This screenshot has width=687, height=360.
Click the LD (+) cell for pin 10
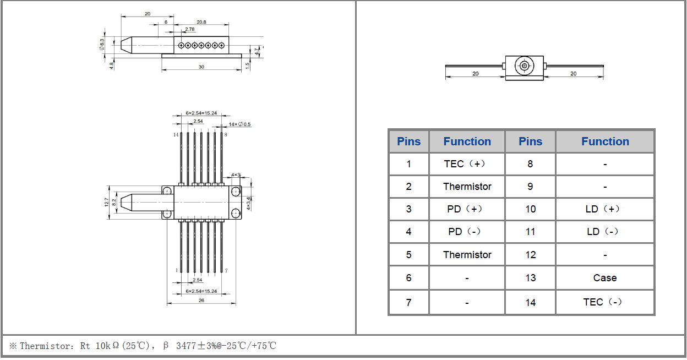coord(604,209)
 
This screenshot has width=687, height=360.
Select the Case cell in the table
coord(604,278)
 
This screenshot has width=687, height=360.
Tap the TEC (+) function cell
coord(467,164)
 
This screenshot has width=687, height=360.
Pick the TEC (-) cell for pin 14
coord(604,302)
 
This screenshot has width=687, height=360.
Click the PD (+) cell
coord(467,209)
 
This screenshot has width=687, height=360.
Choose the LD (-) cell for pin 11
coord(604,232)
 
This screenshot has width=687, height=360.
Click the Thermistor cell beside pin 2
coord(467,187)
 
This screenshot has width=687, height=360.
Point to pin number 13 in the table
coord(530,278)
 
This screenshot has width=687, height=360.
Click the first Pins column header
coord(408,141)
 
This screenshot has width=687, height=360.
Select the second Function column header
coord(604,141)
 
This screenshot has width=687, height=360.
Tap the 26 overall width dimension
coord(201,301)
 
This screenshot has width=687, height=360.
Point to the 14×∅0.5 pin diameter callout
coord(239,124)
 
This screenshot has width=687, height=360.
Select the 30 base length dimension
coord(201,67)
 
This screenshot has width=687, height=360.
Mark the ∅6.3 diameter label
coord(102,45)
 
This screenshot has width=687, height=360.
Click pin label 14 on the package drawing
coord(176,134)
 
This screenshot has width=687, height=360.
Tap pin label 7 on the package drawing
coord(226,270)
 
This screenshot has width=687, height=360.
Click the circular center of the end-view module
coord(524,67)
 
